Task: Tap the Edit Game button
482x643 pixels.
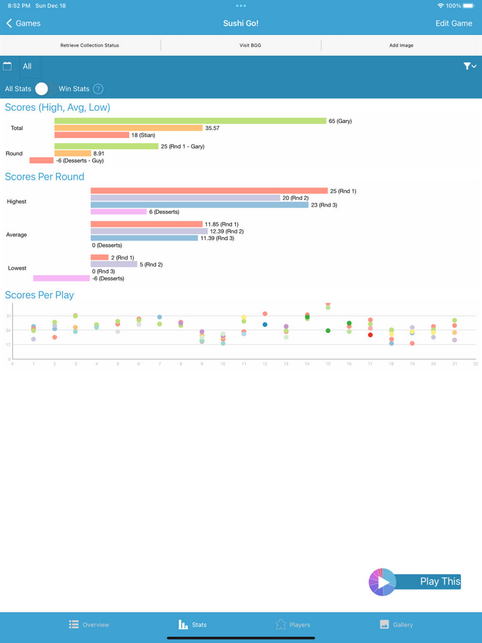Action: click(x=454, y=23)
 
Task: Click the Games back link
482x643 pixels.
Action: click(x=23, y=23)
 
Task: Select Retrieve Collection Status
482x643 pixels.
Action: click(x=90, y=45)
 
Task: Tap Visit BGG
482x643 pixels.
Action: click(x=250, y=45)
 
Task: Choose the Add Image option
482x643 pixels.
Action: click(x=401, y=45)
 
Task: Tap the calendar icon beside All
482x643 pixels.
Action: click(x=7, y=66)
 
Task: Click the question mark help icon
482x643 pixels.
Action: click(x=98, y=89)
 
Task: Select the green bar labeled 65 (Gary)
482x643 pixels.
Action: click(x=190, y=121)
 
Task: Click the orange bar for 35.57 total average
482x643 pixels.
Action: click(x=128, y=128)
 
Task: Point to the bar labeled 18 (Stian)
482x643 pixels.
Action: click(x=92, y=135)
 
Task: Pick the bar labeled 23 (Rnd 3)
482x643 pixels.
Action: click(x=199, y=205)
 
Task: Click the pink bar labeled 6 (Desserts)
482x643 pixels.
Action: click(x=118, y=212)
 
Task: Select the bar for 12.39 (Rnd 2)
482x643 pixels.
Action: click(x=149, y=231)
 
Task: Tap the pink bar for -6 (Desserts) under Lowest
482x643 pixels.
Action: click(x=61, y=278)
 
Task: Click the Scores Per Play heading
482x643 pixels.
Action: click(x=40, y=295)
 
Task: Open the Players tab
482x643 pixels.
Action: click(x=293, y=625)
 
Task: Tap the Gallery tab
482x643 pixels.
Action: click(x=396, y=625)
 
